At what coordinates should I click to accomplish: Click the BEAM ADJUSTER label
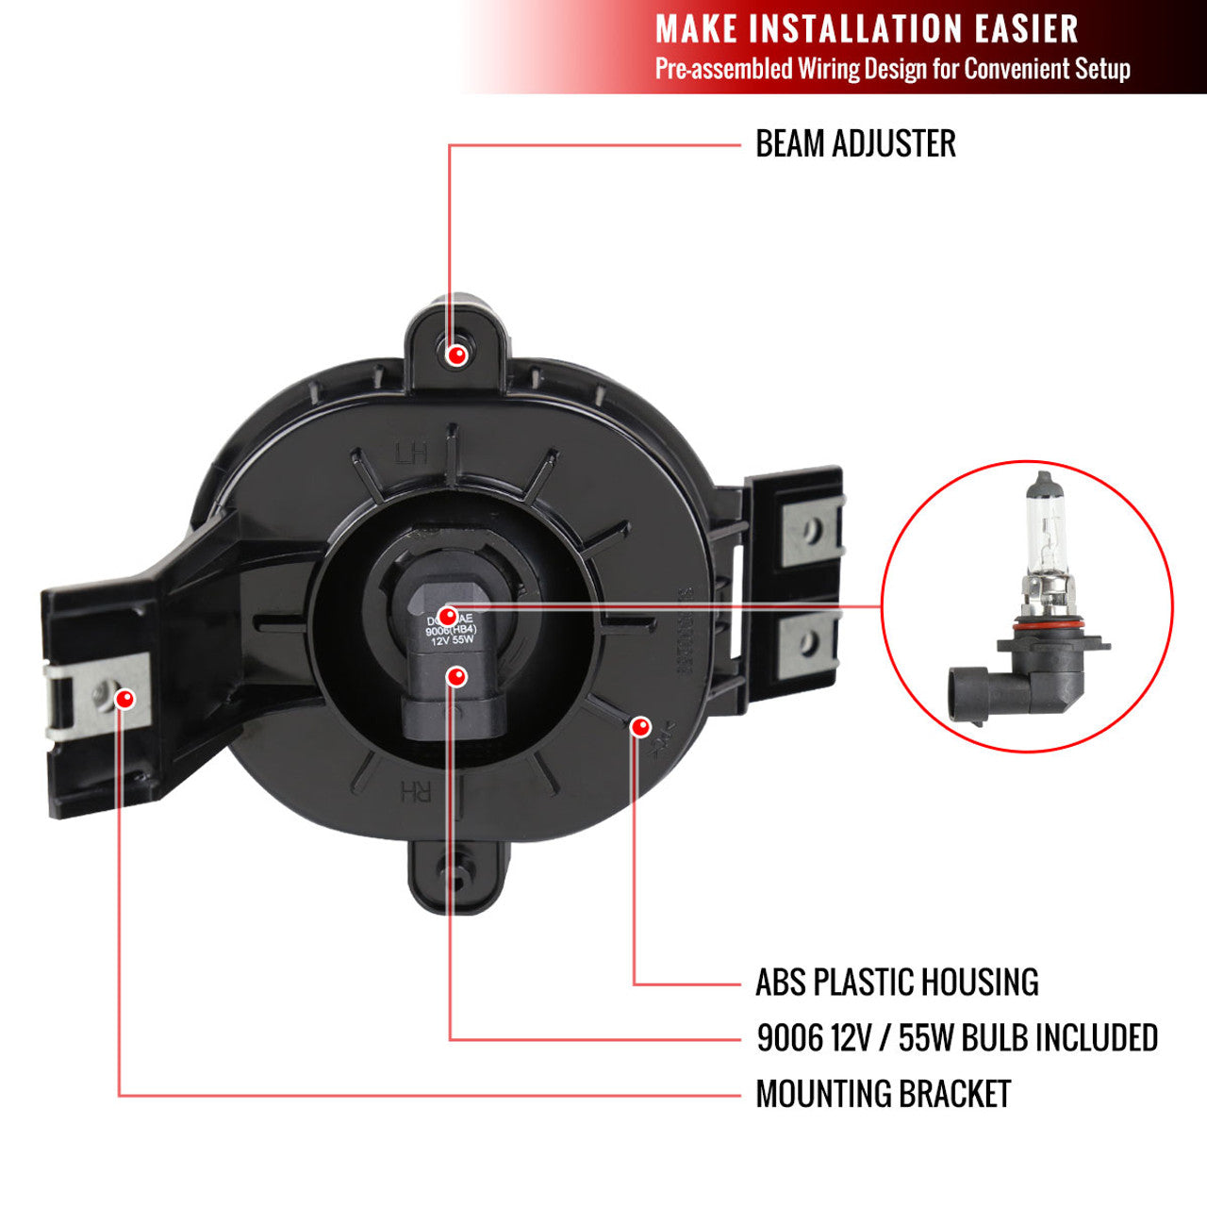(x=855, y=144)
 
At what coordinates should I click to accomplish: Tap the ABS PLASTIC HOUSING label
(x=897, y=983)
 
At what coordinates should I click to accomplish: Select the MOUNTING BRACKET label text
(x=883, y=1095)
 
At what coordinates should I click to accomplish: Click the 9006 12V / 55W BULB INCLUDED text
(x=957, y=1038)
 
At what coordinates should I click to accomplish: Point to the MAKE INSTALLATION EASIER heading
(x=867, y=29)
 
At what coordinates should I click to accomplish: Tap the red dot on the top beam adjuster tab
(x=457, y=355)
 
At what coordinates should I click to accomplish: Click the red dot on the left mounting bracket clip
(x=124, y=699)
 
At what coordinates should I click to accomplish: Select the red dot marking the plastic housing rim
(x=640, y=726)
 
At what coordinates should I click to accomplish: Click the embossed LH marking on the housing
(x=411, y=454)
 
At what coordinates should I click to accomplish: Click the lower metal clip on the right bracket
(x=809, y=644)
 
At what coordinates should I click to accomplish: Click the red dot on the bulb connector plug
(x=457, y=677)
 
